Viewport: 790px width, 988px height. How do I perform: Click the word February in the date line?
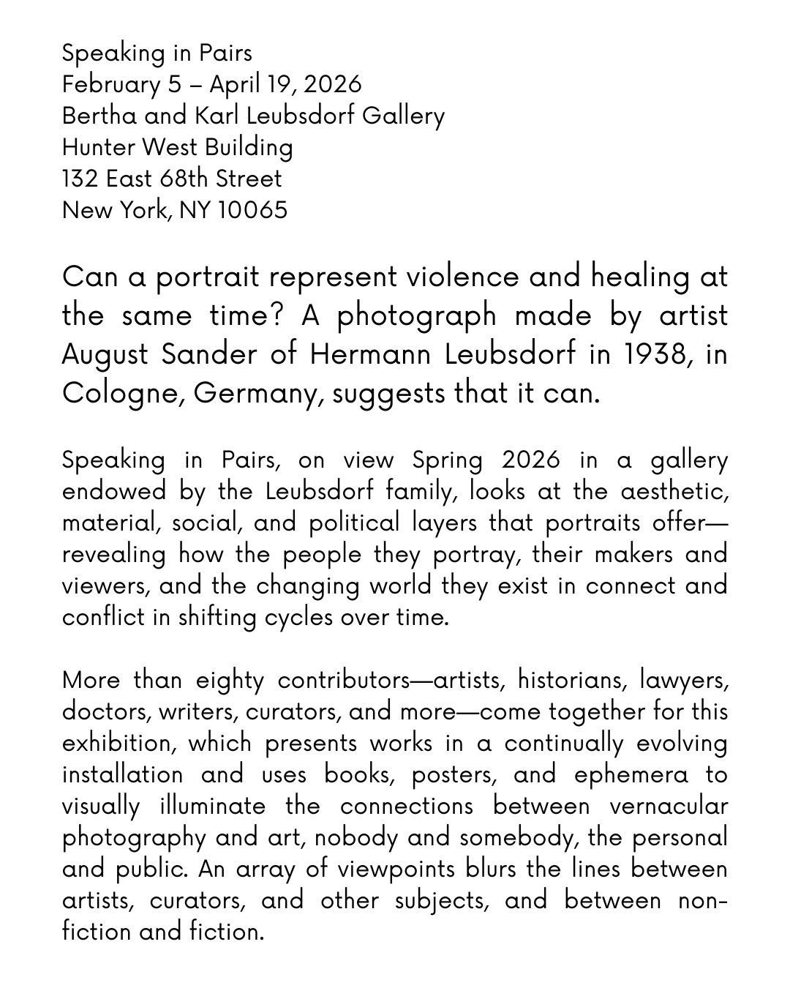110,85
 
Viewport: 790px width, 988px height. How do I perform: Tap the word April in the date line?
233,85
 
